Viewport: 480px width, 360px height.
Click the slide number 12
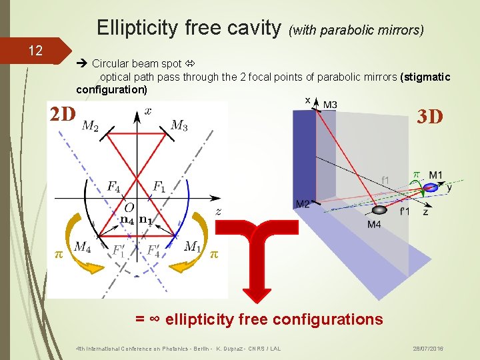tap(35, 51)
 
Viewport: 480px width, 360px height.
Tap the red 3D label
tap(429, 117)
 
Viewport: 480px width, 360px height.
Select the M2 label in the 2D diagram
tap(91, 126)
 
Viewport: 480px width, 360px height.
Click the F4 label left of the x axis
tap(114, 186)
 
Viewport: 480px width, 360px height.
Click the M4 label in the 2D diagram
tap(83, 247)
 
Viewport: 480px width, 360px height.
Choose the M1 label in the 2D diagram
tap(192, 247)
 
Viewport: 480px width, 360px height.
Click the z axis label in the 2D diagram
tap(218, 211)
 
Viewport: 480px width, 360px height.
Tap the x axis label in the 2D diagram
tap(148, 111)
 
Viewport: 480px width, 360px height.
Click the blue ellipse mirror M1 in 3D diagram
tap(431, 188)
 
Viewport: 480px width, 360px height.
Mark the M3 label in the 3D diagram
tap(330, 105)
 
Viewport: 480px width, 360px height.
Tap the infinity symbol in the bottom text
tap(154, 319)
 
